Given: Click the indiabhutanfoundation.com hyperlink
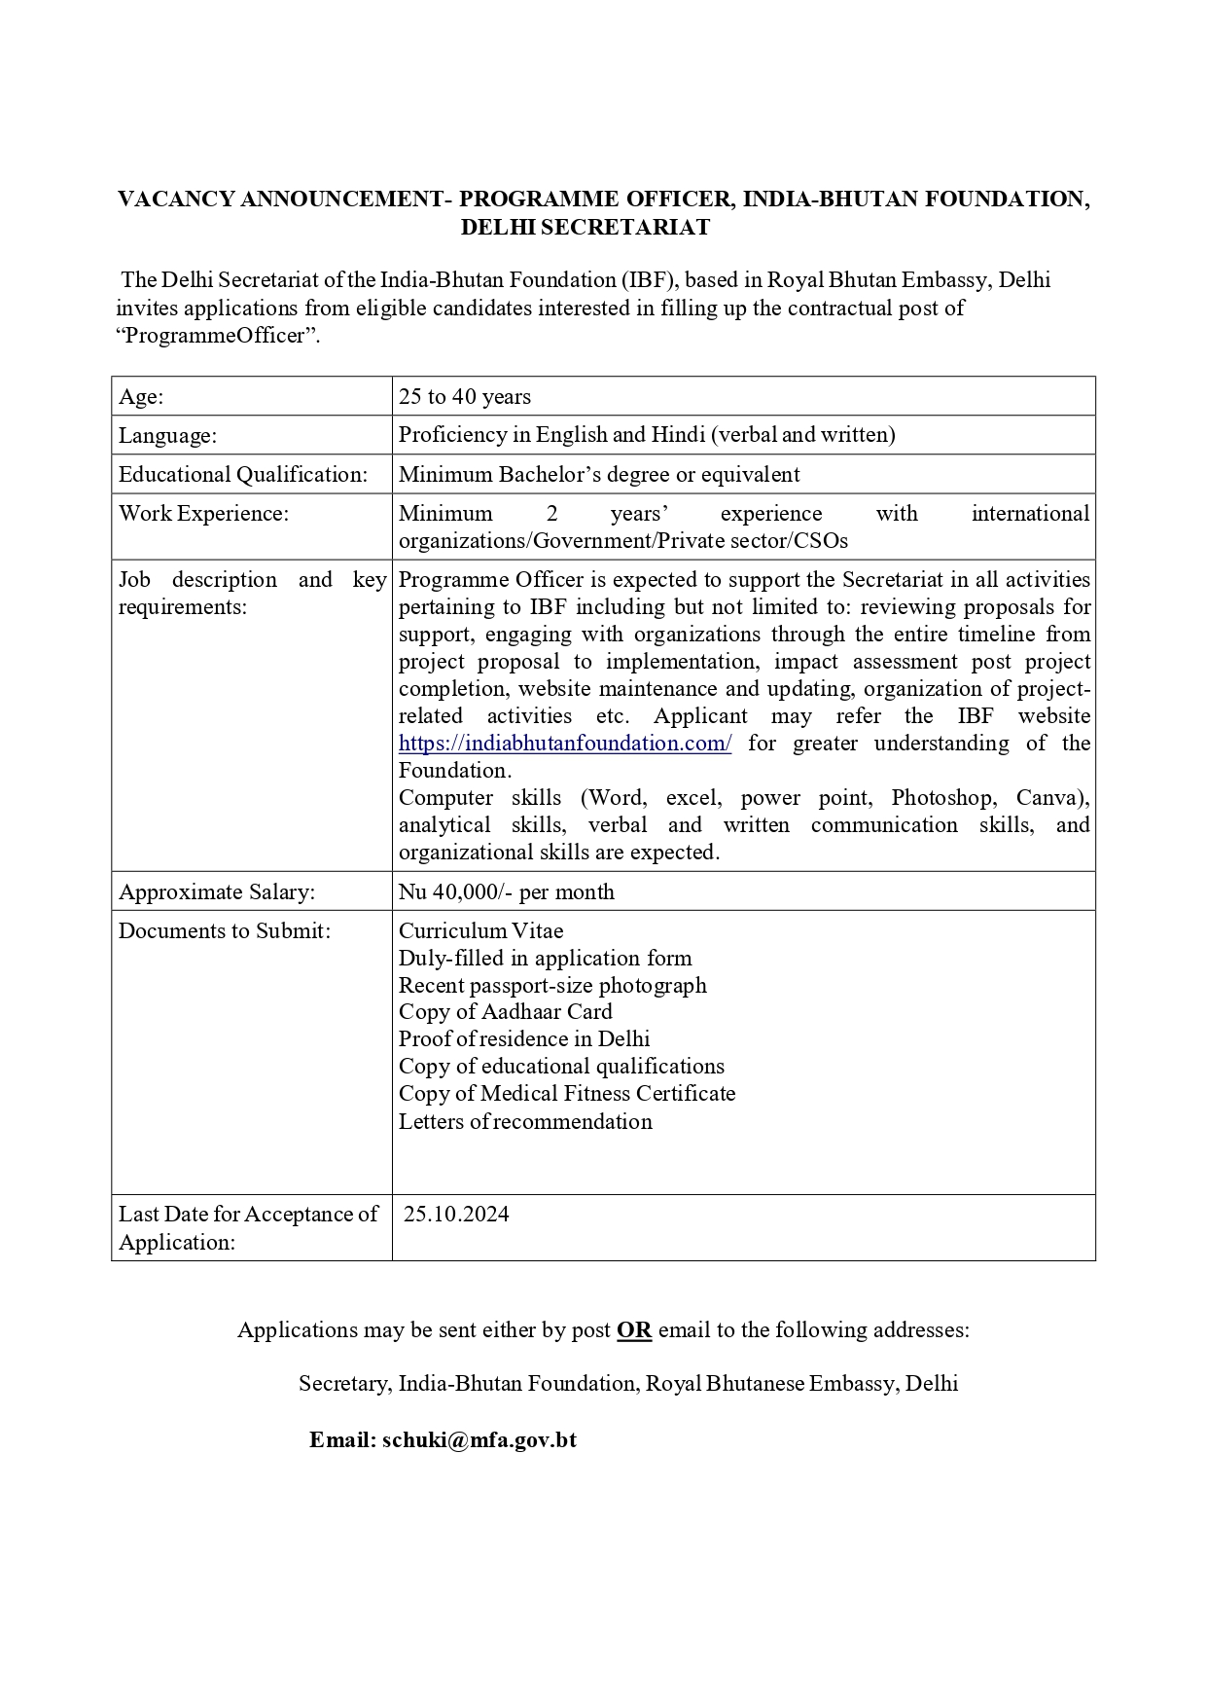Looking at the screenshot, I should coord(564,744).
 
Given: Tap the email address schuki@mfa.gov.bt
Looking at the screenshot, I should coord(479,1440).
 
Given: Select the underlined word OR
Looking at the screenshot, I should coord(633,1330).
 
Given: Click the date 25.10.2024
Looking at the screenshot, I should coord(456,1215).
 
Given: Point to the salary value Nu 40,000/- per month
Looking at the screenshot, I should coord(506,891).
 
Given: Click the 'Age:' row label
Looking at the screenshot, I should coord(141,397).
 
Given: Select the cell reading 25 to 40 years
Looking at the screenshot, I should coord(464,397).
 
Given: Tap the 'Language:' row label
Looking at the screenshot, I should coord(167,436).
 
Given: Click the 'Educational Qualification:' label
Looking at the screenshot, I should coord(243,475).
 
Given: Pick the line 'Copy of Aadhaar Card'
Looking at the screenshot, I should coord(505,1012).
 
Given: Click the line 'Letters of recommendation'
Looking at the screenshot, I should coord(525,1121).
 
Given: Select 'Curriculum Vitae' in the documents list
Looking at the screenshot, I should coord(480,930).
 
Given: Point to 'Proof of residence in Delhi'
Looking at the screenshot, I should coord(523,1039).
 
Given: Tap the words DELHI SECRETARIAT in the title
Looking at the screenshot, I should coord(585,228).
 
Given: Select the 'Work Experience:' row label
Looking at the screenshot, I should coord(203,514).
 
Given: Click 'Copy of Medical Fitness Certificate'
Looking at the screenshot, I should coord(566,1094).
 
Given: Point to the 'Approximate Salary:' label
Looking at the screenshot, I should coord(216,891).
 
